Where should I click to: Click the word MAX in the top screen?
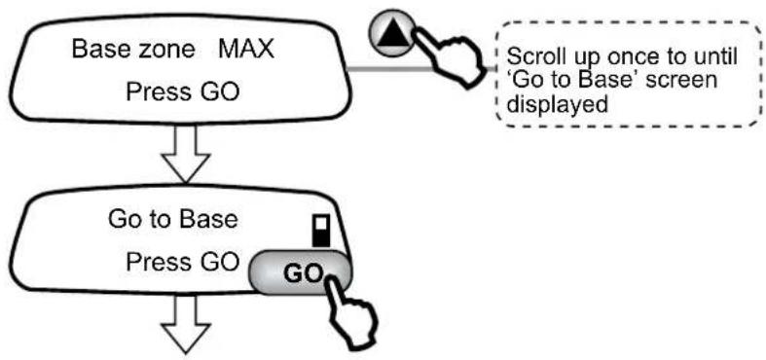(x=246, y=50)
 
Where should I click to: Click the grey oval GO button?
(x=301, y=272)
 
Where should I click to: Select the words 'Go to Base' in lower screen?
(x=173, y=219)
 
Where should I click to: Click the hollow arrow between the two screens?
(x=186, y=155)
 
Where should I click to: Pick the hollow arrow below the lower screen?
(x=186, y=324)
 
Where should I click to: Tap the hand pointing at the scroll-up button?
(x=452, y=57)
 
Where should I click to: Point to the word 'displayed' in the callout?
(x=557, y=104)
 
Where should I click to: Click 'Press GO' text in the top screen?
(x=183, y=91)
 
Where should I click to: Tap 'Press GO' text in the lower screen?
(x=183, y=263)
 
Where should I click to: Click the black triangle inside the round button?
(x=392, y=32)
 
